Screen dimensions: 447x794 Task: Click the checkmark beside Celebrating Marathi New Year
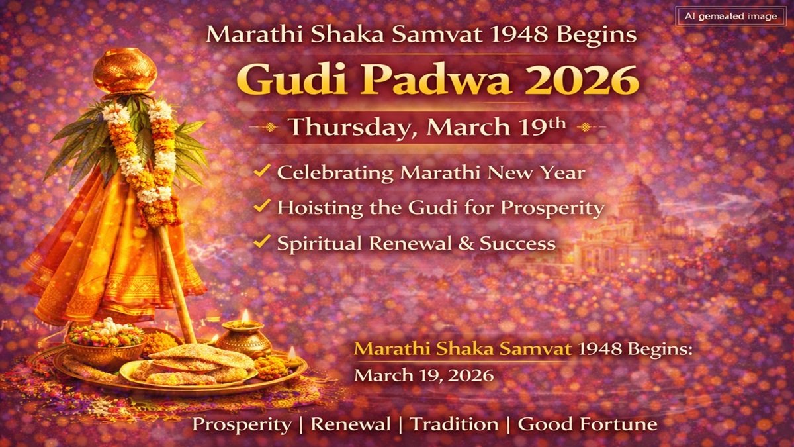pyautogui.click(x=262, y=172)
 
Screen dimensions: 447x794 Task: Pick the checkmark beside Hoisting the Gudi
pyautogui.click(x=262, y=207)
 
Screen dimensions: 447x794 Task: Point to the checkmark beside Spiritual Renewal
pyautogui.click(x=262, y=242)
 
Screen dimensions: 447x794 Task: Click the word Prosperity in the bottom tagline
pyautogui.click(x=242, y=424)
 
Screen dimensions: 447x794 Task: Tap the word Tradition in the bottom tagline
pyautogui.click(x=455, y=424)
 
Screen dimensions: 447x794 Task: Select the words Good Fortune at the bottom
pyautogui.click(x=588, y=424)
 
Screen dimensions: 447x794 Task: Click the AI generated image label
pyautogui.click(x=730, y=17)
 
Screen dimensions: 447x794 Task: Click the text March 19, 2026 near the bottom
pyautogui.click(x=423, y=375)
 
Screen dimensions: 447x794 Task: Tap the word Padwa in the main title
pyautogui.click(x=424, y=81)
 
